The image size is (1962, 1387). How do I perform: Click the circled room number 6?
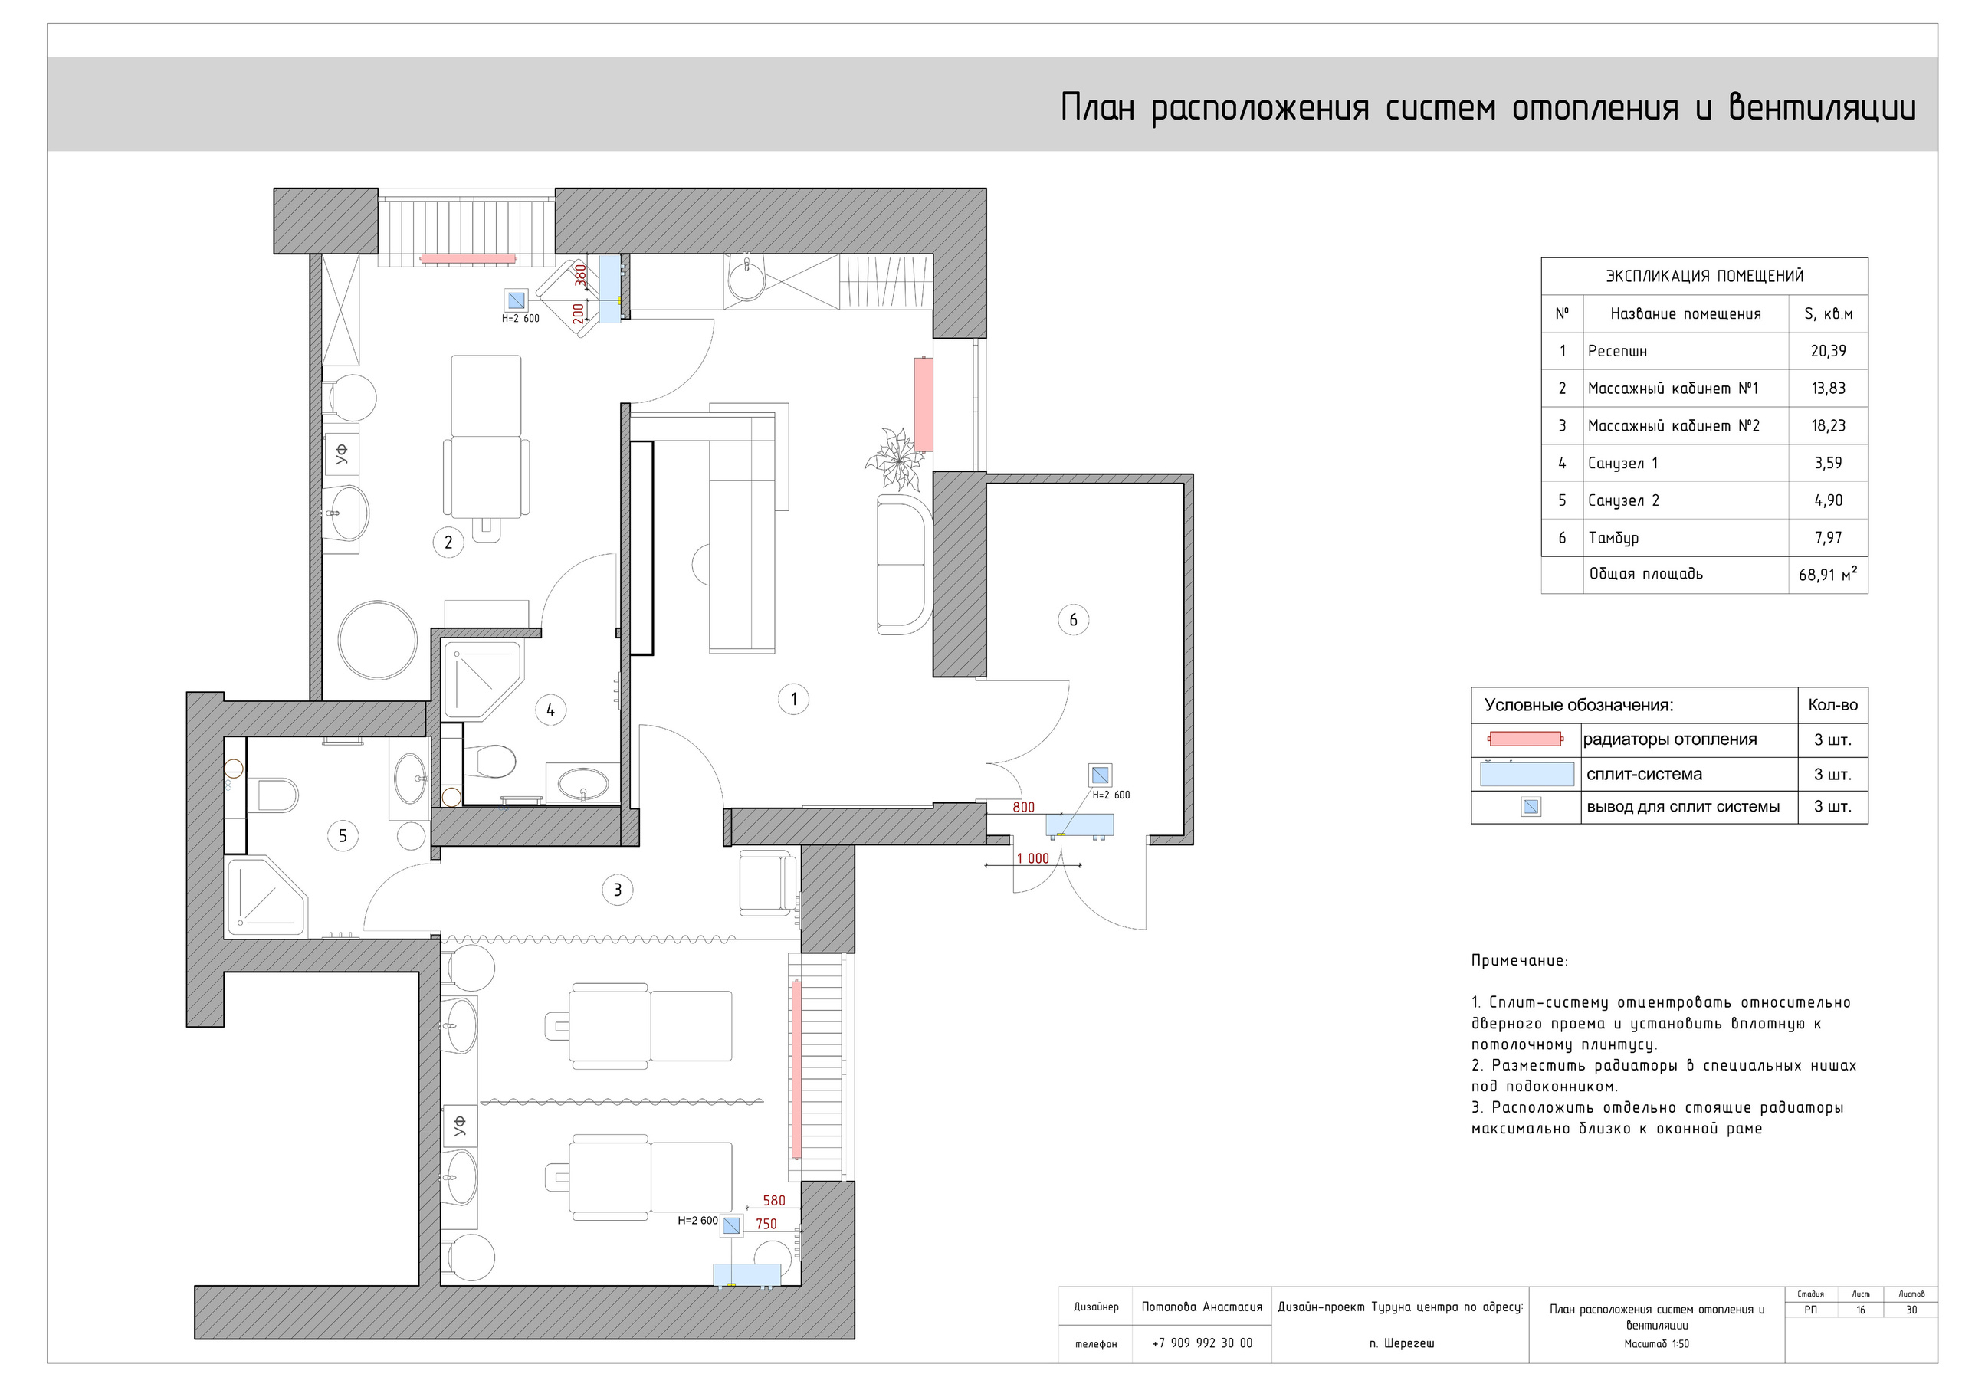(x=1073, y=620)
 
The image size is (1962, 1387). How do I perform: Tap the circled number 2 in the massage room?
(x=448, y=542)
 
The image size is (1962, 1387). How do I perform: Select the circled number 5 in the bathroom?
(x=343, y=836)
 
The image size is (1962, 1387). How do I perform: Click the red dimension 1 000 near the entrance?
(x=1032, y=859)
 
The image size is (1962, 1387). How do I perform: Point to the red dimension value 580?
(x=773, y=1201)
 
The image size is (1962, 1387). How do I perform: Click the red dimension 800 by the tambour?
(x=1023, y=808)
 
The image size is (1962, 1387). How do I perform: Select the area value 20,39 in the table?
(x=1828, y=351)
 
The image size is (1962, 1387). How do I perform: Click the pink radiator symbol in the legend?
(x=1525, y=739)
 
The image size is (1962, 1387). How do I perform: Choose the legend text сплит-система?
(x=1643, y=774)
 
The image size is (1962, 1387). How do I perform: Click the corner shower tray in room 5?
(x=265, y=897)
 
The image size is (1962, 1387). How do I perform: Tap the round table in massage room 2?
(x=377, y=640)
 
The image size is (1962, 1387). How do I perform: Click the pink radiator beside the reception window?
(x=923, y=404)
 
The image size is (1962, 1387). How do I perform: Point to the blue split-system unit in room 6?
(x=1079, y=825)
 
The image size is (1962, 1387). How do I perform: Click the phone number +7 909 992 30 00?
(x=1202, y=1343)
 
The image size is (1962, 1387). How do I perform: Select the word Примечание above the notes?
(x=1518, y=961)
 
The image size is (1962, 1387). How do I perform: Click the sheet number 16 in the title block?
(x=1860, y=1310)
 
